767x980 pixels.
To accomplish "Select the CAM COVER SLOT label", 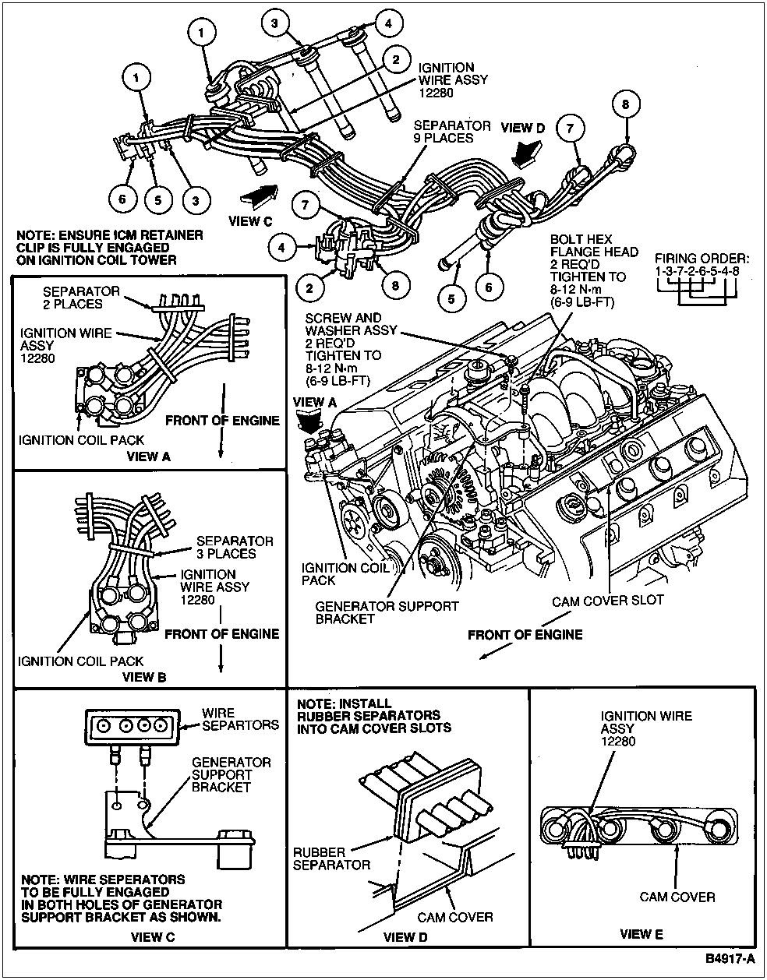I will (607, 601).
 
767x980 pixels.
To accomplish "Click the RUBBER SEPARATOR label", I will (332, 858).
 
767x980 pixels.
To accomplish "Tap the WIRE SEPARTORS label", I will (239, 718).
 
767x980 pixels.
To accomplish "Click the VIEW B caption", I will (145, 677).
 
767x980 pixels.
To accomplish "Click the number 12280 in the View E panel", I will (617, 741).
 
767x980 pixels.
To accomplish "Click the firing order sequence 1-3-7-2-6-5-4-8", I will (696, 272).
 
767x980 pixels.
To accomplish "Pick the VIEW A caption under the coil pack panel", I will (148, 456).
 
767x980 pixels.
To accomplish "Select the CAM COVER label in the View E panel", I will (677, 897).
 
